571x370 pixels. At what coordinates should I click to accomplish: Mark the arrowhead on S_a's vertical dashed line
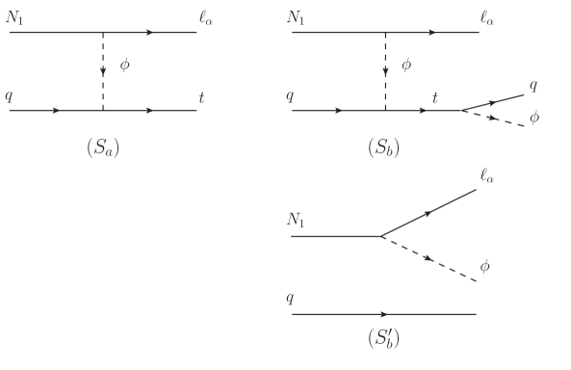pyautogui.click(x=103, y=73)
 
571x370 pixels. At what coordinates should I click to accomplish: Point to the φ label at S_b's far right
pyautogui.click(x=535, y=128)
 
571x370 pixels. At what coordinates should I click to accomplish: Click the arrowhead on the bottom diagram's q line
pyautogui.click(x=385, y=314)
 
